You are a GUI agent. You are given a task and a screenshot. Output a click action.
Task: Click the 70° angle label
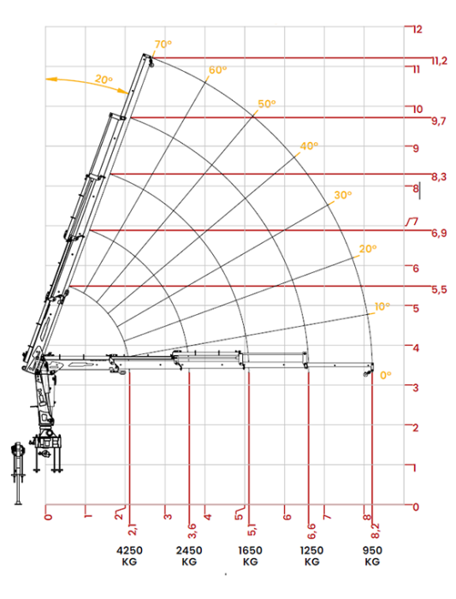tap(163, 44)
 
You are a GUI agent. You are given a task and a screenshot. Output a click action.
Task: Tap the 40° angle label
tap(309, 146)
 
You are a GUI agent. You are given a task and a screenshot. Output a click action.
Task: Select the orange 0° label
tap(386, 375)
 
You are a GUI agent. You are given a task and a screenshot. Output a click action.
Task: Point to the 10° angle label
tap(382, 306)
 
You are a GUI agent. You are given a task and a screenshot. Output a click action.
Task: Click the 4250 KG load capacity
tap(129, 556)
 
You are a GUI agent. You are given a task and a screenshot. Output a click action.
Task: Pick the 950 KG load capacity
tap(372, 556)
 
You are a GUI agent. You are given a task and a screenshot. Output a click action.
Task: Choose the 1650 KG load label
tap(250, 556)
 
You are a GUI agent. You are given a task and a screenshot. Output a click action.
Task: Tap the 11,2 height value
tap(440, 61)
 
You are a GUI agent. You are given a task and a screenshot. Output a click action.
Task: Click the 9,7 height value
tap(439, 122)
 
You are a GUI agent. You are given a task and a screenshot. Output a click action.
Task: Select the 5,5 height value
tap(439, 289)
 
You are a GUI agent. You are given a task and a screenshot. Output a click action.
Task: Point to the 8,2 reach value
tap(376, 531)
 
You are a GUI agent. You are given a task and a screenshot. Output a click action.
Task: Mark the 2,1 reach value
tap(133, 531)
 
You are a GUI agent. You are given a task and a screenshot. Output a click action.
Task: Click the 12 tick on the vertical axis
tap(417, 29)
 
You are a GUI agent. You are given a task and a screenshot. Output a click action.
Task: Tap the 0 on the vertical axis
tap(416, 507)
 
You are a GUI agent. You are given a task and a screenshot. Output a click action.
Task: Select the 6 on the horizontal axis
tap(287, 517)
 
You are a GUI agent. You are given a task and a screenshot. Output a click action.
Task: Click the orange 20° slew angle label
tap(104, 80)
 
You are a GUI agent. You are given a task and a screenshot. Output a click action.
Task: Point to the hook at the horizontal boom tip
tap(367, 373)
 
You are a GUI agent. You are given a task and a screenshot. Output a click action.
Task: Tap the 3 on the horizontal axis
tap(168, 517)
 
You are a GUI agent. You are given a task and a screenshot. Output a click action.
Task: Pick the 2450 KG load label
tap(189, 556)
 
